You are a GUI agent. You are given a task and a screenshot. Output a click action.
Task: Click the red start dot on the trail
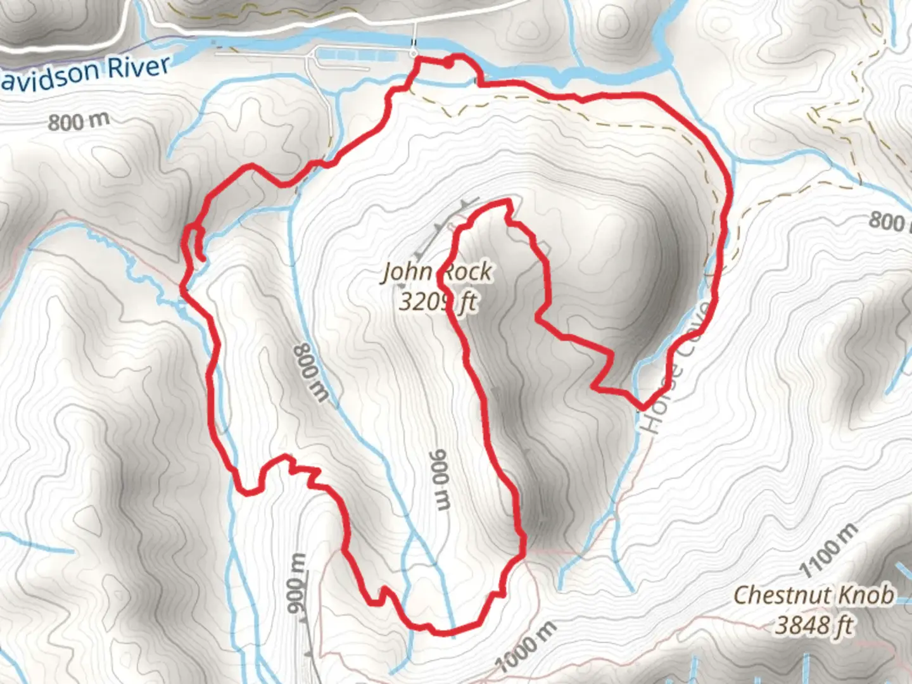448,63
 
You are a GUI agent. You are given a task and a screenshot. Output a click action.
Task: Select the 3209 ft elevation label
437,301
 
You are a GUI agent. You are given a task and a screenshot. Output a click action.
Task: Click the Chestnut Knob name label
814,595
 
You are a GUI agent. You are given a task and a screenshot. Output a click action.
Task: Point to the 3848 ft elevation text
814,625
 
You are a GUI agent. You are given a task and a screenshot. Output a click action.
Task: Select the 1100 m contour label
829,550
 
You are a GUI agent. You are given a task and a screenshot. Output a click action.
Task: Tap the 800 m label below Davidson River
79,120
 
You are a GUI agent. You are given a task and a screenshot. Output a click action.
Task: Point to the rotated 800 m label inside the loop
312,372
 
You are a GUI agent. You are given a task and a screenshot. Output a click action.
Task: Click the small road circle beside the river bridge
414,51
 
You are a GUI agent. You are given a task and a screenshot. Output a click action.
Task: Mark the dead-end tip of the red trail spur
201,257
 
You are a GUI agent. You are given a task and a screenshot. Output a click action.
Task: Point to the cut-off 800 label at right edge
889,221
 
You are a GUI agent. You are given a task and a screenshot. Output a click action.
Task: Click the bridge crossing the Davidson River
414,38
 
